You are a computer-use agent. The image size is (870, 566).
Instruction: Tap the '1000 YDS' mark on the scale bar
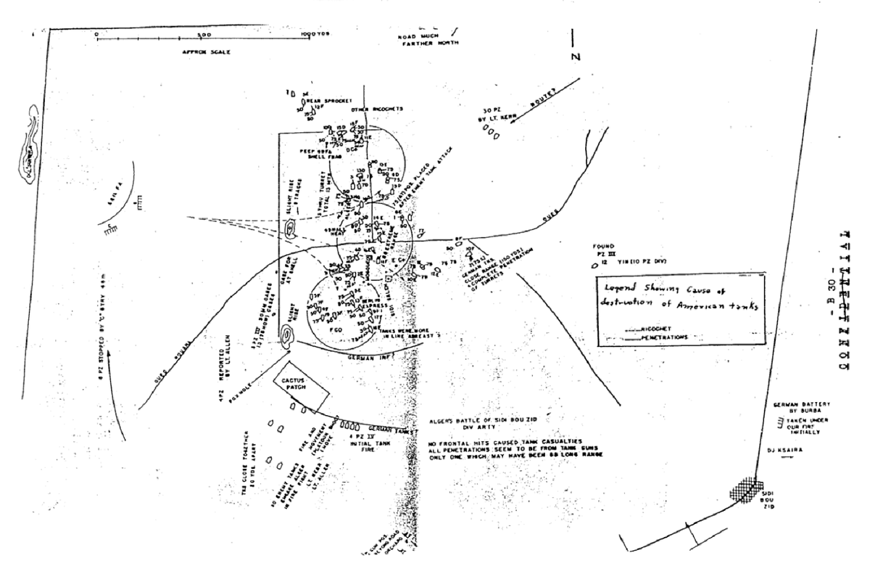[x=315, y=34]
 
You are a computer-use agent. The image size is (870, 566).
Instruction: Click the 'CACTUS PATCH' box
[x=300, y=390]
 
